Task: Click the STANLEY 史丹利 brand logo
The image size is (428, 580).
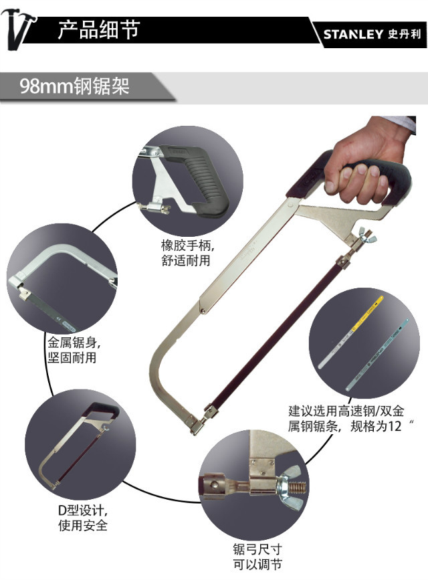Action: click(370, 34)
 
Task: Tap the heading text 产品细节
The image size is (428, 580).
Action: click(99, 31)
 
